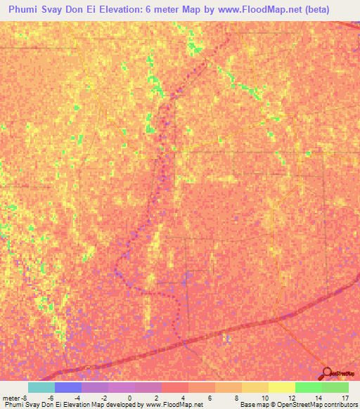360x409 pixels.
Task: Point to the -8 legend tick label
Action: click(x=25, y=398)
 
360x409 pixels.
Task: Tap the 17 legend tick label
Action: click(x=344, y=398)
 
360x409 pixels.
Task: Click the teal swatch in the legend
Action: click(x=41, y=387)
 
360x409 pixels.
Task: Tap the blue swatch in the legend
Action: click(x=68, y=387)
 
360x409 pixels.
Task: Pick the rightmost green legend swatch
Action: click(x=335, y=387)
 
